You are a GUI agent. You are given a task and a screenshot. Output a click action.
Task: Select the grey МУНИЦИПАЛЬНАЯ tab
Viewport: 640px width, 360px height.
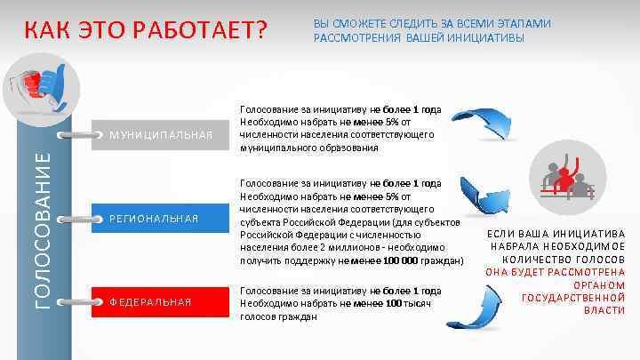160,136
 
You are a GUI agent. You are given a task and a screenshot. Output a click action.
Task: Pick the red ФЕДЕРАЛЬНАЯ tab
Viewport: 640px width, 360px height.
150,301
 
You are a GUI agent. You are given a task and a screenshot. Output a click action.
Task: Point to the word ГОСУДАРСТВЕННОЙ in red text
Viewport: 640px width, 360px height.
573,297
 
